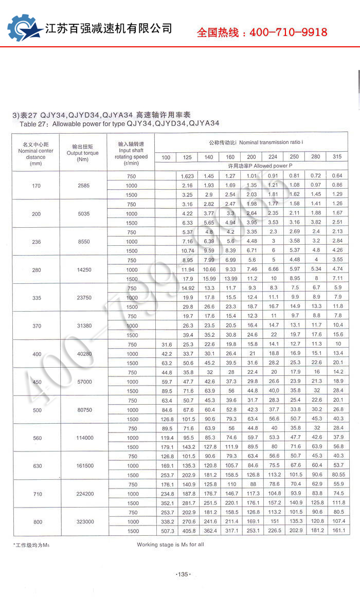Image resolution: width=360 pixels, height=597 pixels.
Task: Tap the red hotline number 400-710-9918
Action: [262, 32]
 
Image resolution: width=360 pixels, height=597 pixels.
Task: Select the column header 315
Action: [337, 157]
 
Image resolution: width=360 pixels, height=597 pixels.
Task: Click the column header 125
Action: [187, 157]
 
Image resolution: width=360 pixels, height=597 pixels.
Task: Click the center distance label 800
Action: [36, 521]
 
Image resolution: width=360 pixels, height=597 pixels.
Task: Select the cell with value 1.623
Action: [187, 176]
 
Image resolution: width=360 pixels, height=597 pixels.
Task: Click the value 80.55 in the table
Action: [337, 475]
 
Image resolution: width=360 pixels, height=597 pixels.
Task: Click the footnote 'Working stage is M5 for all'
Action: [170, 544]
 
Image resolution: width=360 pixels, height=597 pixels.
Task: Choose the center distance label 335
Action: [36, 297]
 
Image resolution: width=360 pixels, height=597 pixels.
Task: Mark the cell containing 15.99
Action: [209, 279]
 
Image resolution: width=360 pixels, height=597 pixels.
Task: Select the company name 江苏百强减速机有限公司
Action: [109, 29]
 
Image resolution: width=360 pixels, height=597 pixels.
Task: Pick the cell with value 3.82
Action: [315, 223]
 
